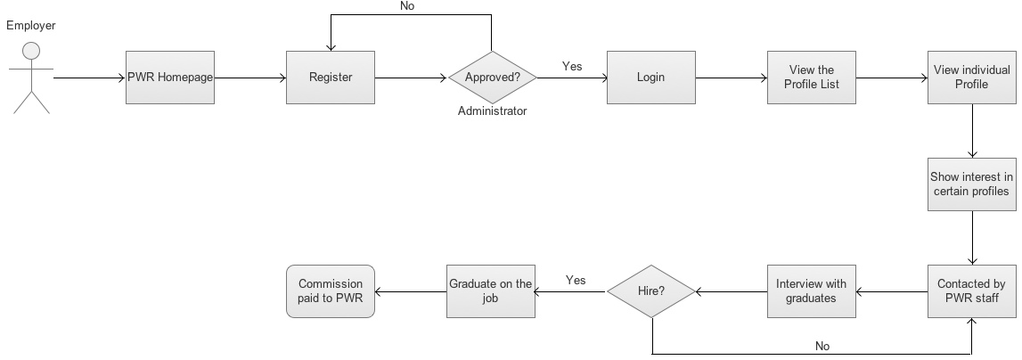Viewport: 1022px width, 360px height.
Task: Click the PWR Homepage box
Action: (169, 78)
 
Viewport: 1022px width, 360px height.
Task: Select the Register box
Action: (330, 78)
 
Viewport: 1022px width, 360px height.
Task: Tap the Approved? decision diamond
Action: (492, 78)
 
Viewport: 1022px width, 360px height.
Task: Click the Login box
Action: (650, 78)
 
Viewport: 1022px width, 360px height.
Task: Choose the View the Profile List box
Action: (811, 78)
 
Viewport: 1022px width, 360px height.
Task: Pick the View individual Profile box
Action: (971, 78)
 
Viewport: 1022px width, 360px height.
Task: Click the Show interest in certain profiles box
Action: (971, 184)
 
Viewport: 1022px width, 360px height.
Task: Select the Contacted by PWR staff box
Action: (971, 291)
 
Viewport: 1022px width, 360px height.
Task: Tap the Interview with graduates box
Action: (811, 291)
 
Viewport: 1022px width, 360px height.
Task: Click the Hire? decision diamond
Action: (651, 291)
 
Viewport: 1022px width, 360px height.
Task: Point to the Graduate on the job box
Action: (490, 291)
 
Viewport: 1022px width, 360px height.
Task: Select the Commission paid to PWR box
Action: (330, 291)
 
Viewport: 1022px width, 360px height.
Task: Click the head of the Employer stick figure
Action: (31, 50)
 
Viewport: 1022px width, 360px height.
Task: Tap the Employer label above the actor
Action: (31, 25)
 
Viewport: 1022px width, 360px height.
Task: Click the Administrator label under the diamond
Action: (492, 111)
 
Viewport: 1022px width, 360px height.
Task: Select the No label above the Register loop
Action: (407, 6)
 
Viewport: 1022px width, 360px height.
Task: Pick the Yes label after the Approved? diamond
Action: (572, 66)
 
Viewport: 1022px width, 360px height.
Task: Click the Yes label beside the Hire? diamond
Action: (576, 280)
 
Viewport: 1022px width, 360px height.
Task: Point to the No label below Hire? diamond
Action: (823, 345)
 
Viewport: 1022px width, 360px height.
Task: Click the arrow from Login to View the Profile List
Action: (731, 78)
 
